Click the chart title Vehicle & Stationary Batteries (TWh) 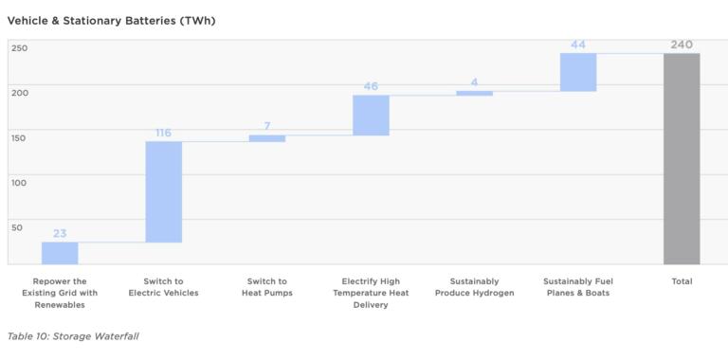(x=111, y=20)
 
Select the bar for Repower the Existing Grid (x=60, y=253)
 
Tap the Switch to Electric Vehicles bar (x=163, y=191)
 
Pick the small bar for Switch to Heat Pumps (x=267, y=138)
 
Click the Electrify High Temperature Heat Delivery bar (x=371, y=115)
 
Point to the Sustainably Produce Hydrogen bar (x=474, y=93)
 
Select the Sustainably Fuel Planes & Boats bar (x=578, y=72)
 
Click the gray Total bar (x=682, y=158)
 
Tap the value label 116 (x=163, y=133)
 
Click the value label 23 (x=60, y=233)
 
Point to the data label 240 (x=682, y=45)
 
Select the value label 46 (x=371, y=86)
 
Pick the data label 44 (x=578, y=45)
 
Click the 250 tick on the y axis (x=20, y=47)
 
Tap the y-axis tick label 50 (x=17, y=226)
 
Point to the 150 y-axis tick (x=20, y=137)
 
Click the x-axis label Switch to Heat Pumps (x=267, y=287)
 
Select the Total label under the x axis (x=682, y=281)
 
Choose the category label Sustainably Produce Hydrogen (x=474, y=287)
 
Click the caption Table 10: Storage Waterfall (x=73, y=336)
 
